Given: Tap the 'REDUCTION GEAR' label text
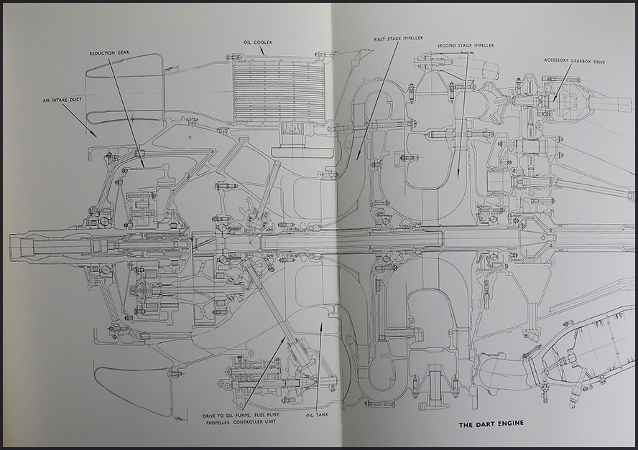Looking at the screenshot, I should (108, 54).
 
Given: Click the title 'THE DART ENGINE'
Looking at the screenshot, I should (491, 424).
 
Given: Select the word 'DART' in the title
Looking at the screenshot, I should (491, 424).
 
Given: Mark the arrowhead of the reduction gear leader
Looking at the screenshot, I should (143, 167).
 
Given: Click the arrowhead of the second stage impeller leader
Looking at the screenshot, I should (458, 176).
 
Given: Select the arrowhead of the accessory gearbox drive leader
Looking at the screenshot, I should (554, 100).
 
